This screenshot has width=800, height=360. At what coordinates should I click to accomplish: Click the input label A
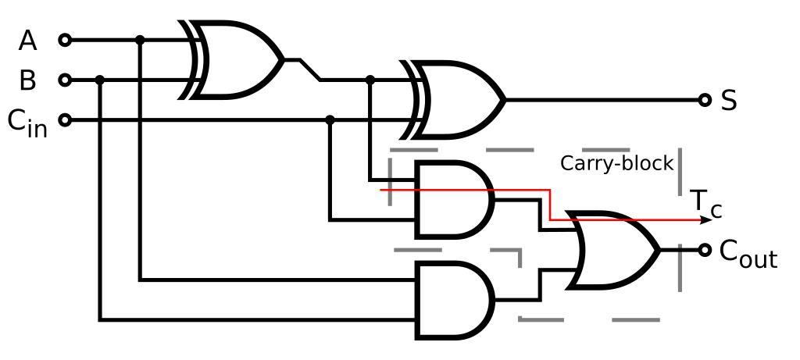[x=28, y=40]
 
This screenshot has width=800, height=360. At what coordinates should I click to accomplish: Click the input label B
[x=28, y=80]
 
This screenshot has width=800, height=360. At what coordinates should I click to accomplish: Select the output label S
[x=729, y=101]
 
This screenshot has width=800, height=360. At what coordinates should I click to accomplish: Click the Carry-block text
[x=616, y=163]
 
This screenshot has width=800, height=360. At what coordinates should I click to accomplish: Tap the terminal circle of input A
[x=65, y=40]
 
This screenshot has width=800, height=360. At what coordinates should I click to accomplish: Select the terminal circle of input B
[x=65, y=80]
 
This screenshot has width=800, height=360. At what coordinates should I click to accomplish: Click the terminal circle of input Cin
[x=65, y=120]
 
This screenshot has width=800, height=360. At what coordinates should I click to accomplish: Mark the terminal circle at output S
[x=705, y=100]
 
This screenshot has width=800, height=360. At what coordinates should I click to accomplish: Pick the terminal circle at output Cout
[x=705, y=250]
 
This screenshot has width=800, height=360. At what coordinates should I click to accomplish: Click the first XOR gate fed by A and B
[x=234, y=59]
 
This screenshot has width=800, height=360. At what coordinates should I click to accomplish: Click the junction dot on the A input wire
[x=140, y=40]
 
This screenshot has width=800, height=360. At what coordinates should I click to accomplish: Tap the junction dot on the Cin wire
[x=330, y=120]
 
